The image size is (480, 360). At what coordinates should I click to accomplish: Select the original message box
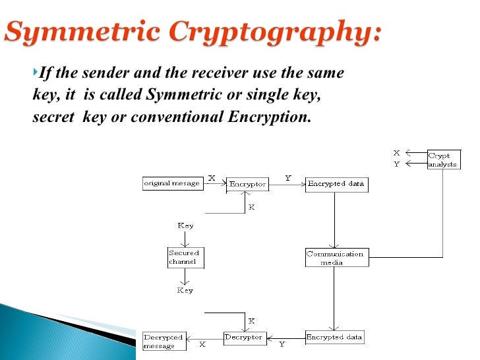point(171,183)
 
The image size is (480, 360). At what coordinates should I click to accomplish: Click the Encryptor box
point(247,185)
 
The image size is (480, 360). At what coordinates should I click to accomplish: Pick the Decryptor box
point(244,338)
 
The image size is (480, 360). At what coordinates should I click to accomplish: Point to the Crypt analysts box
point(442,160)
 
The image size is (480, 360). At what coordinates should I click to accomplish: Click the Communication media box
point(336,257)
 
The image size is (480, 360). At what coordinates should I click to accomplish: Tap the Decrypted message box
point(164,342)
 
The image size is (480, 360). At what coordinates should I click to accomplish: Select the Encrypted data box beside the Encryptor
point(336,184)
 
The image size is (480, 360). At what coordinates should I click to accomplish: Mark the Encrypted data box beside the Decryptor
point(334,338)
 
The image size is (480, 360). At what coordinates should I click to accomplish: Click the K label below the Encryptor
point(251,206)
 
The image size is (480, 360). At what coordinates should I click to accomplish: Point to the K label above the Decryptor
point(251,321)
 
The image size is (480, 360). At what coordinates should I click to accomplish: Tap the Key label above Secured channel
point(185,225)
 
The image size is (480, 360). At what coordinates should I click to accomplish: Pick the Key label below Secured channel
point(185,289)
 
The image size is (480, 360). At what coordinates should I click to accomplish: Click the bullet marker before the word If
point(36,72)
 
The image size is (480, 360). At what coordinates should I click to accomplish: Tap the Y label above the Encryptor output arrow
point(288,178)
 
